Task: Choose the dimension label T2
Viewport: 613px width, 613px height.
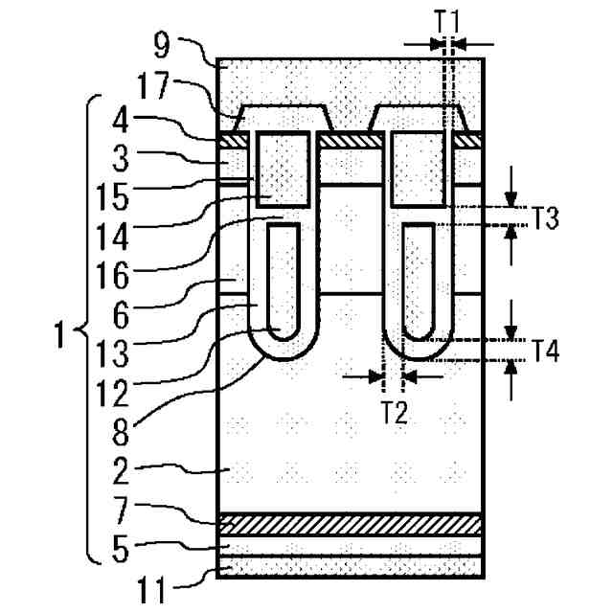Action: [393, 414]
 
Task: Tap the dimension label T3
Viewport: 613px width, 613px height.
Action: [546, 217]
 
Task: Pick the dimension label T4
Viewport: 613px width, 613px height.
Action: [546, 351]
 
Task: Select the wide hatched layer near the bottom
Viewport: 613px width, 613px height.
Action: [350, 523]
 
